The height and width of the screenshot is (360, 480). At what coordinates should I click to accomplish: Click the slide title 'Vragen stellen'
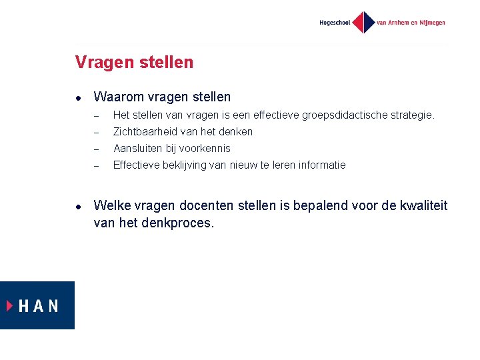[x=134, y=63]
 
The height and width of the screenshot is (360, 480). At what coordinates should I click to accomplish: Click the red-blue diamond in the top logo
[x=363, y=22]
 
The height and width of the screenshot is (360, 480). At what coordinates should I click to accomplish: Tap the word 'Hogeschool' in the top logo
[x=335, y=23]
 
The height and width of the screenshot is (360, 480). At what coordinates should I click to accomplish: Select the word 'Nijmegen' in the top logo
[x=431, y=23]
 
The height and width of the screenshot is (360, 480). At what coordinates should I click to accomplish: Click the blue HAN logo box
[x=37, y=305]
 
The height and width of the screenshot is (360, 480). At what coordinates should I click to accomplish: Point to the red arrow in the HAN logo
[x=10, y=305]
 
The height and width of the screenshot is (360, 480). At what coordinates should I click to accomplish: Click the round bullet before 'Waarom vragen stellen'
[x=78, y=97]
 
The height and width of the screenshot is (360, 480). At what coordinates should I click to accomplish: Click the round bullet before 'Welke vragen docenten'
[x=78, y=207]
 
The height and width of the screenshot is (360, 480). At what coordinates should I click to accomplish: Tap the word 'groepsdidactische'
[x=343, y=115]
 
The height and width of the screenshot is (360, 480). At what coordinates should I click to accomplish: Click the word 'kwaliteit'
[x=421, y=206]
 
